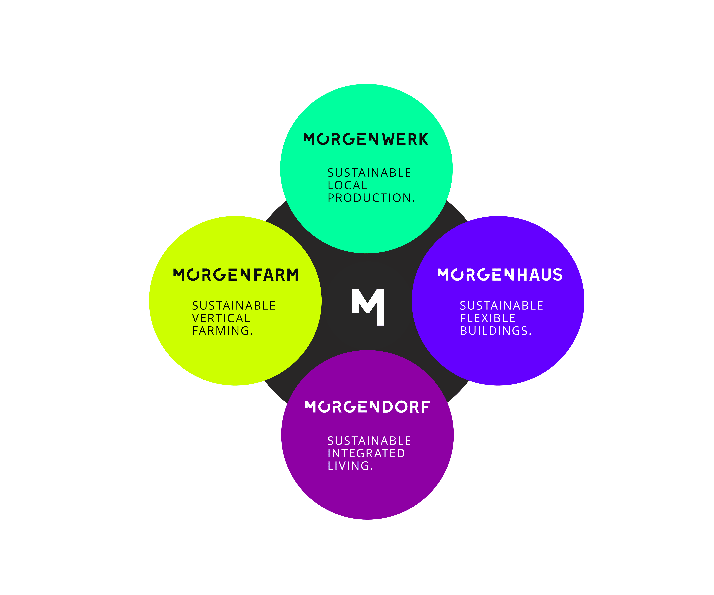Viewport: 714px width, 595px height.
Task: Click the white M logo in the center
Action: [x=368, y=307]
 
